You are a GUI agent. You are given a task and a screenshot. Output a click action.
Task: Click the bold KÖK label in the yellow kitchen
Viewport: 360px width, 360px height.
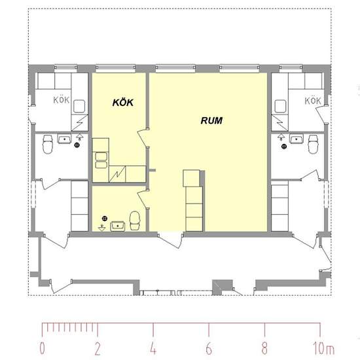click(x=123, y=102)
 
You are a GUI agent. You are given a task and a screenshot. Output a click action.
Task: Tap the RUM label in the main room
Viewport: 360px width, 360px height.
click(x=211, y=120)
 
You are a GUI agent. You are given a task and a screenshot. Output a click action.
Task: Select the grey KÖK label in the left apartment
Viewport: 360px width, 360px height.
click(x=62, y=100)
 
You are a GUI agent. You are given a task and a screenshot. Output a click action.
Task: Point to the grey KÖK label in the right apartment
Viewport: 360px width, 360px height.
click(x=313, y=101)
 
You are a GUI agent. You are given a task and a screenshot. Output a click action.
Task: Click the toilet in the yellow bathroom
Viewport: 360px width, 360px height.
click(x=135, y=221)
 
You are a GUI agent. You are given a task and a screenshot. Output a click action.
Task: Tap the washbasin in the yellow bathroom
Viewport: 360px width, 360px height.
click(x=118, y=226)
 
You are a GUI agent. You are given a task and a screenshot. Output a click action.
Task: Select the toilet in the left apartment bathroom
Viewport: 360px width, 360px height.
click(x=48, y=144)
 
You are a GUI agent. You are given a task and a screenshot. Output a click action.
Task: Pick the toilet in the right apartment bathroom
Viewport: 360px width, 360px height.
click(x=313, y=144)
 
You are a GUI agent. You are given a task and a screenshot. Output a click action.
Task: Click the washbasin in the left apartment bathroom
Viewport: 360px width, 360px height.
click(x=64, y=139)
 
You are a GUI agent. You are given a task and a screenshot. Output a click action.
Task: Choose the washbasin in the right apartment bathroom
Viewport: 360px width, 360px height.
click(x=297, y=139)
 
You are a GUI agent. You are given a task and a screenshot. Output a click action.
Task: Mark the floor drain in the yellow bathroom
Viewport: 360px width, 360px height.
click(x=105, y=219)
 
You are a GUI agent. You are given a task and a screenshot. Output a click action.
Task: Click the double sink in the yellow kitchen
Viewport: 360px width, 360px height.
click(x=101, y=160)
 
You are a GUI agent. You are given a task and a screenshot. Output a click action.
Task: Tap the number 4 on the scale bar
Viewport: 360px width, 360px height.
click(x=153, y=348)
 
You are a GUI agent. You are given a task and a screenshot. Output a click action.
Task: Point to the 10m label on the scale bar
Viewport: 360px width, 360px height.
click(x=323, y=348)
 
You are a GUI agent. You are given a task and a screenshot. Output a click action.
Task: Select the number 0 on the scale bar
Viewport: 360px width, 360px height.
click(x=43, y=348)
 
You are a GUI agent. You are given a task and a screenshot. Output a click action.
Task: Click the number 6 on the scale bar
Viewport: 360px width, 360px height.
click(x=209, y=348)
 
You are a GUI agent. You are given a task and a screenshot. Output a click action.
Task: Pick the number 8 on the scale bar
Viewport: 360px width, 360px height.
click(x=264, y=348)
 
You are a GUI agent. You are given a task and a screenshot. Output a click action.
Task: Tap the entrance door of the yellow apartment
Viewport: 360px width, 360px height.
click(x=171, y=241)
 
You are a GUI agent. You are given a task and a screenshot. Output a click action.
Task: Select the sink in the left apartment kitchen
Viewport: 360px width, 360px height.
click(x=79, y=106)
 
